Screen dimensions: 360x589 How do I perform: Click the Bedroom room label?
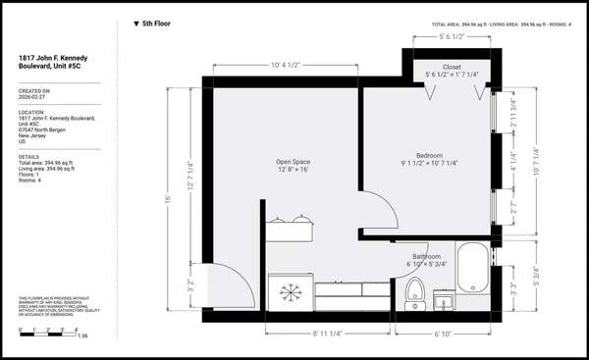pyautogui.click(x=429, y=156)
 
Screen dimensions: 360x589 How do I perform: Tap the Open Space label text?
pyautogui.click(x=294, y=163)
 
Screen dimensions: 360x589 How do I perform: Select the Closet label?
pyautogui.click(x=452, y=67)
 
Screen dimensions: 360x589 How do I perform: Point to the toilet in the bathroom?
pyautogui.click(x=414, y=291)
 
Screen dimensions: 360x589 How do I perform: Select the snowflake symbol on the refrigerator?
pyautogui.click(x=290, y=292)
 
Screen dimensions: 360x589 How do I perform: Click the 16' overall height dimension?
pyautogui.click(x=168, y=199)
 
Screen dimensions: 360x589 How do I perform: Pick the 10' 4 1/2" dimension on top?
pyautogui.click(x=287, y=66)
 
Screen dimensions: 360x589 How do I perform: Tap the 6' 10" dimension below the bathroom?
pyautogui.click(x=446, y=334)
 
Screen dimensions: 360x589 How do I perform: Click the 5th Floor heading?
pyautogui.click(x=155, y=23)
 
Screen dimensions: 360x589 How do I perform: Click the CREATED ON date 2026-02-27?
pyautogui.click(x=33, y=98)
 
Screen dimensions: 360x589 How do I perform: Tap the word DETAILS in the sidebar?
pyautogui.click(x=28, y=156)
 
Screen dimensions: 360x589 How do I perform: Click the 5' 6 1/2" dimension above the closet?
pyautogui.click(x=452, y=37)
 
